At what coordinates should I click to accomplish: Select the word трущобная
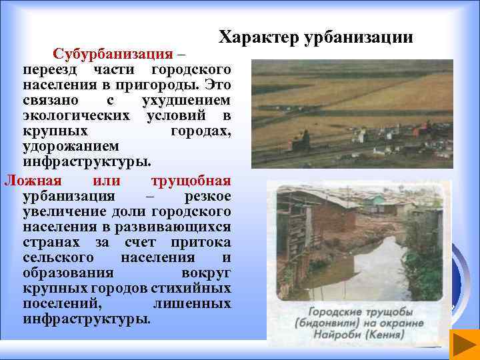pyautogui.click(x=191, y=180)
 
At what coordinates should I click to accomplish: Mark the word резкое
pyautogui.click(x=207, y=196)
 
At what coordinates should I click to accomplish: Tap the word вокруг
pyautogui.click(x=206, y=273)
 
